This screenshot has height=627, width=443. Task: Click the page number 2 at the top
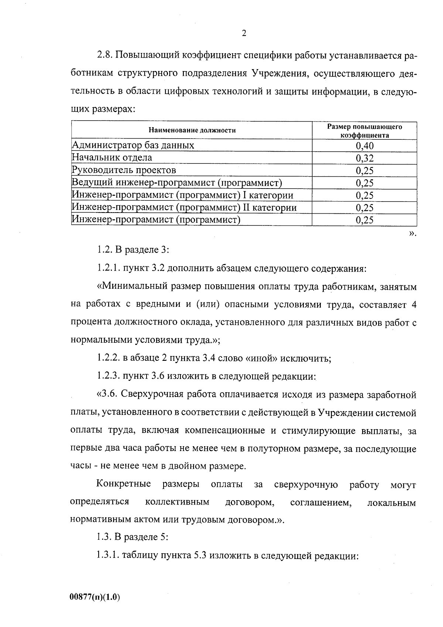point(244,34)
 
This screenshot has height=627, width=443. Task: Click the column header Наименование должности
point(192,130)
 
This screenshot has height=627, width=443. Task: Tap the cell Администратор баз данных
point(133,145)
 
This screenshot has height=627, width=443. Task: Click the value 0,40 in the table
point(364,146)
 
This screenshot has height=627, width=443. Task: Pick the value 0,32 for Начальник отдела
point(364,159)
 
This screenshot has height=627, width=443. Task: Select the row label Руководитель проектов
point(124,170)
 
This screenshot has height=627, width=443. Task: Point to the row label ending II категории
point(184,208)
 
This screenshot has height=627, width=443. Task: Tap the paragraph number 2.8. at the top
point(106,55)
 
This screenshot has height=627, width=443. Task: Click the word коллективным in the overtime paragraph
point(177,502)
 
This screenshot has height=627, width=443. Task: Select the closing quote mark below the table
point(412,234)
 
